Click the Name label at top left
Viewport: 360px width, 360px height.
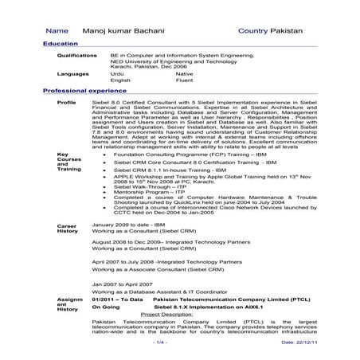pos(58,29)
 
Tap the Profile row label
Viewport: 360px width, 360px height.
pos(67,104)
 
